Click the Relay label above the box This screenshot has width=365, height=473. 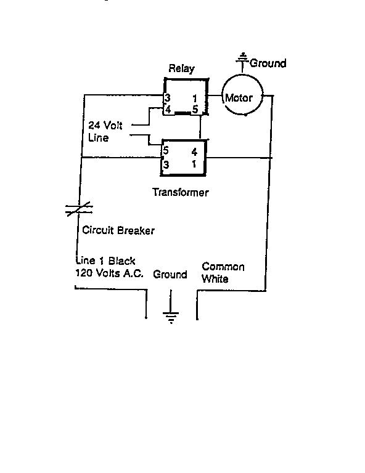coord(181,68)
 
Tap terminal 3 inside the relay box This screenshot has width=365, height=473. coord(167,98)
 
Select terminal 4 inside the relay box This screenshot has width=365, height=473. coord(168,109)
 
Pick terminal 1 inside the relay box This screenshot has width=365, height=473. coord(195,99)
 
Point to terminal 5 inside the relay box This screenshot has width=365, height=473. coord(195,109)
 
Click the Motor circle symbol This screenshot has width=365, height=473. coord(242,95)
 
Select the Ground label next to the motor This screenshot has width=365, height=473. coord(268,63)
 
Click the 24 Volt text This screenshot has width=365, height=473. coord(105,125)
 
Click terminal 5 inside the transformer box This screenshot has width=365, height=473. coord(165,150)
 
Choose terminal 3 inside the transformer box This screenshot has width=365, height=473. coord(166,165)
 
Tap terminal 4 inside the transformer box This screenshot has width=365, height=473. coord(194,152)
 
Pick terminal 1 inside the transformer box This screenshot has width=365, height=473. coord(194,164)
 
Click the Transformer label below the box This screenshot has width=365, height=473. coord(181,192)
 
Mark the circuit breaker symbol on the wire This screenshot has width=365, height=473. coord(79,209)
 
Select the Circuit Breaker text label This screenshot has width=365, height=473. coord(118,230)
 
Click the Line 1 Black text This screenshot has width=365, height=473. coord(105,261)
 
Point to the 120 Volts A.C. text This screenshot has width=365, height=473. coord(109,273)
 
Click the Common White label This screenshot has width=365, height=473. coord(223,273)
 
